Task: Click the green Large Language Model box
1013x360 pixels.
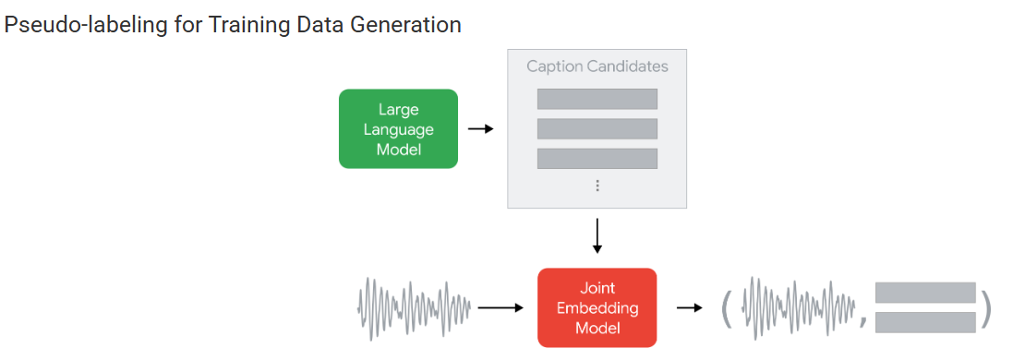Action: (x=398, y=128)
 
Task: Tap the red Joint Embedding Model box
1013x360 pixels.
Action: (x=597, y=307)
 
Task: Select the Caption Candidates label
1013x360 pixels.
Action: (x=597, y=66)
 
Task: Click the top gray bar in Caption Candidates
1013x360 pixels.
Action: (x=597, y=99)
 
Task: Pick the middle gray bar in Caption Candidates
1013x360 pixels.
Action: (x=597, y=128)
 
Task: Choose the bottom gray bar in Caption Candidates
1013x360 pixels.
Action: (x=597, y=159)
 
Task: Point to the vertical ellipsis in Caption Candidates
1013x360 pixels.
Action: (x=597, y=186)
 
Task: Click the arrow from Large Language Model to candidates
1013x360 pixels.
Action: (x=481, y=129)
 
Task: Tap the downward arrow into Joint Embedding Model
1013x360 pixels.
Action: (x=597, y=236)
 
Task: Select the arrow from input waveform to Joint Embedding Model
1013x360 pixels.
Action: (x=500, y=308)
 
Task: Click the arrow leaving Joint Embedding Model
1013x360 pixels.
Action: (x=689, y=307)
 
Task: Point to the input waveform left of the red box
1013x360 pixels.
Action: (x=414, y=308)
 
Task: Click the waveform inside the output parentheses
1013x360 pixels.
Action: (x=800, y=308)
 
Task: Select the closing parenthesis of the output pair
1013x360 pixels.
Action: (x=984, y=308)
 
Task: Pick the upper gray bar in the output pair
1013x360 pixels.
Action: (x=925, y=293)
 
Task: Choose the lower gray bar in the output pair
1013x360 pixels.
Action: (x=925, y=322)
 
